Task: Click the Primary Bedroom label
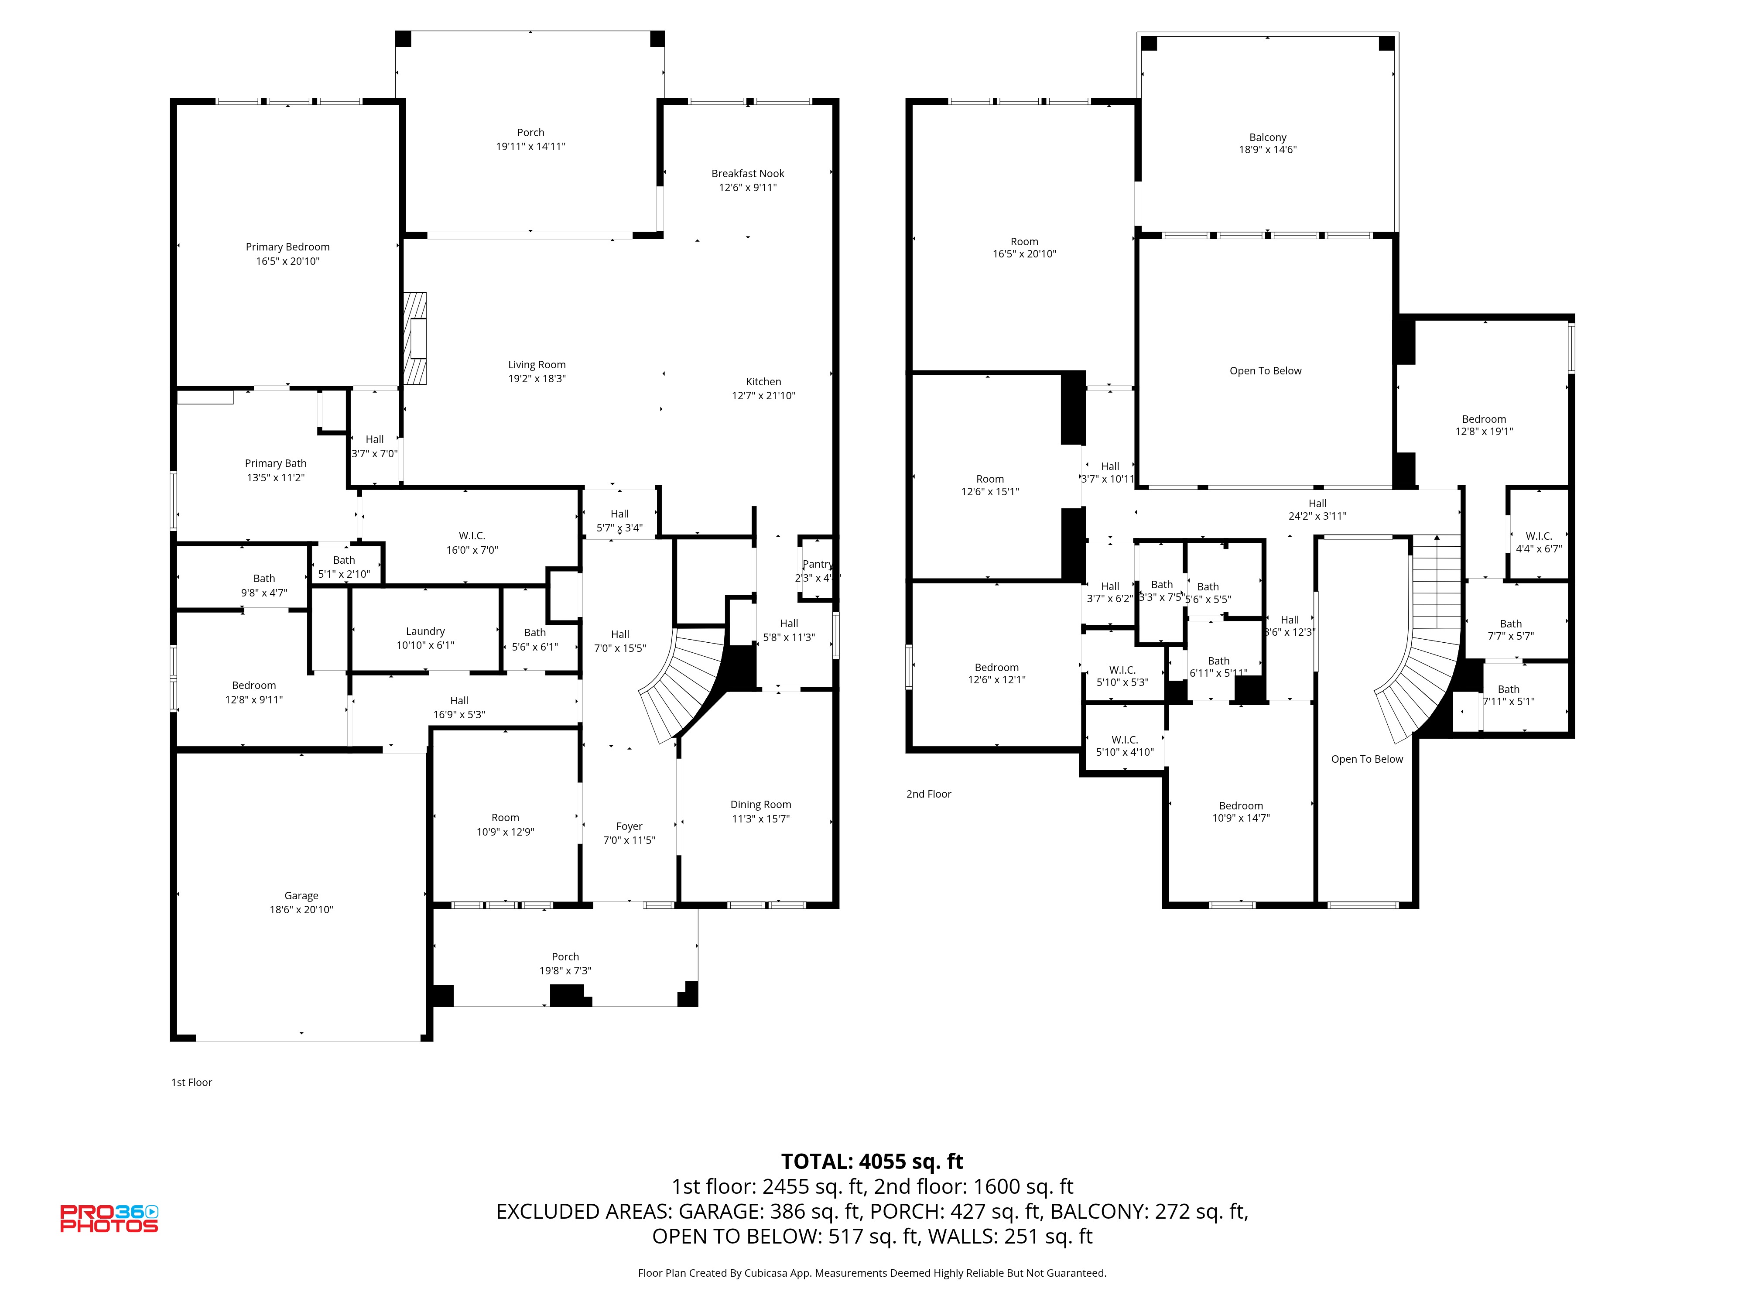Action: point(287,247)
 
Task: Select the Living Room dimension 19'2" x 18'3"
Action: point(537,379)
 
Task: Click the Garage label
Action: point(301,895)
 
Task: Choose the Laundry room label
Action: point(425,631)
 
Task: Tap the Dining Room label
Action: point(760,805)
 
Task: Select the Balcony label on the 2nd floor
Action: point(1268,137)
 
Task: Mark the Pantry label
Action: point(817,564)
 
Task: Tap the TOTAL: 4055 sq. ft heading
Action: point(872,1162)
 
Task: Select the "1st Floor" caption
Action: point(192,1083)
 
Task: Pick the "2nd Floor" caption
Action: point(928,794)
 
